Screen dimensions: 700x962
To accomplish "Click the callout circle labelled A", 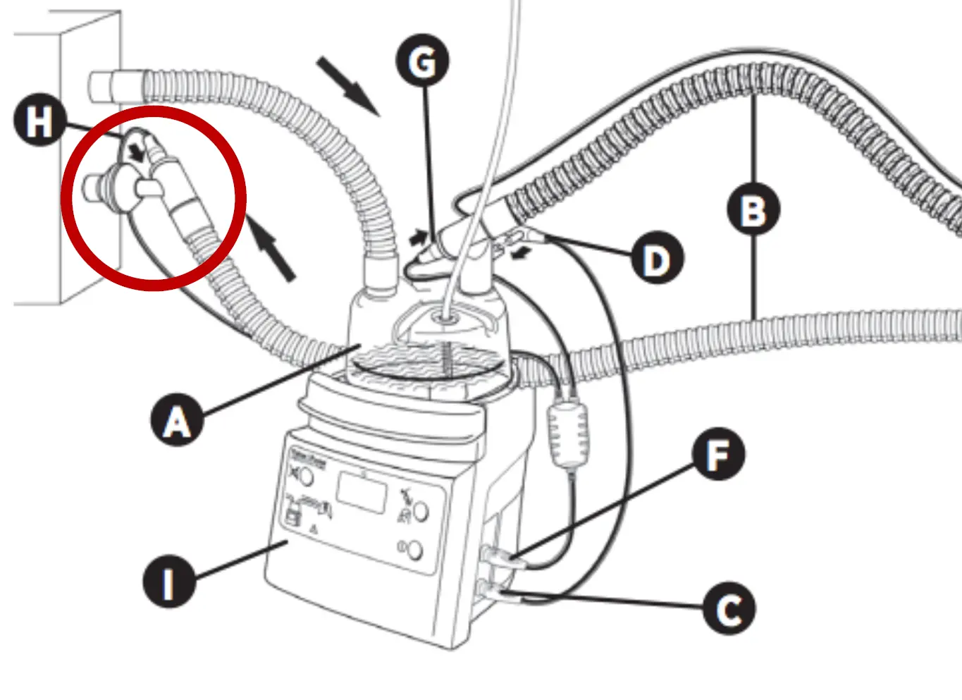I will (x=177, y=420).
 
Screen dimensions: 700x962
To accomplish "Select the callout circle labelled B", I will (x=753, y=209).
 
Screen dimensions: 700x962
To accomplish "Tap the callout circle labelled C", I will (x=729, y=608).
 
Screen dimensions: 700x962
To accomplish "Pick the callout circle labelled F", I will (x=717, y=454).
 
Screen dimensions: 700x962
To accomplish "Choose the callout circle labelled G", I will (x=423, y=61).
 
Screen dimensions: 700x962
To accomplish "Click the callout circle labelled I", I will (x=168, y=582).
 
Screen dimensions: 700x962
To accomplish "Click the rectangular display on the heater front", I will (x=362, y=493).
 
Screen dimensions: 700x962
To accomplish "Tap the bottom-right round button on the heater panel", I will (x=414, y=550).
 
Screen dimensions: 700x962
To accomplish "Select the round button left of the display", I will (x=306, y=477).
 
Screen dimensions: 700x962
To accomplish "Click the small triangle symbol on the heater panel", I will (x=314, y=528).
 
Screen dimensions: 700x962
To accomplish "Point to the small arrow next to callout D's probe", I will (x=521, y=252).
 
